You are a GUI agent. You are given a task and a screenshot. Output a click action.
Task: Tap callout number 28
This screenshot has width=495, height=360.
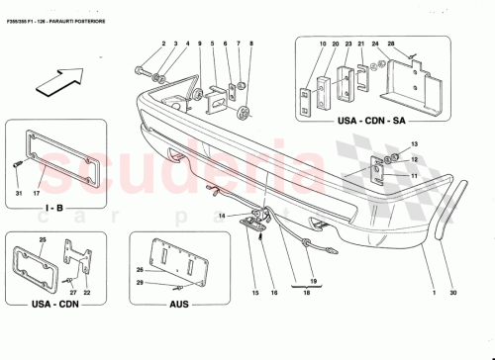(x=390, y=45)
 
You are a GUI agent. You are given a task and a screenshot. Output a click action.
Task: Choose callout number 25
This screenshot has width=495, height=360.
(x=43, y=240)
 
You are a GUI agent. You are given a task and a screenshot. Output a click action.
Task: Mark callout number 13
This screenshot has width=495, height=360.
(x=415, y=144)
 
